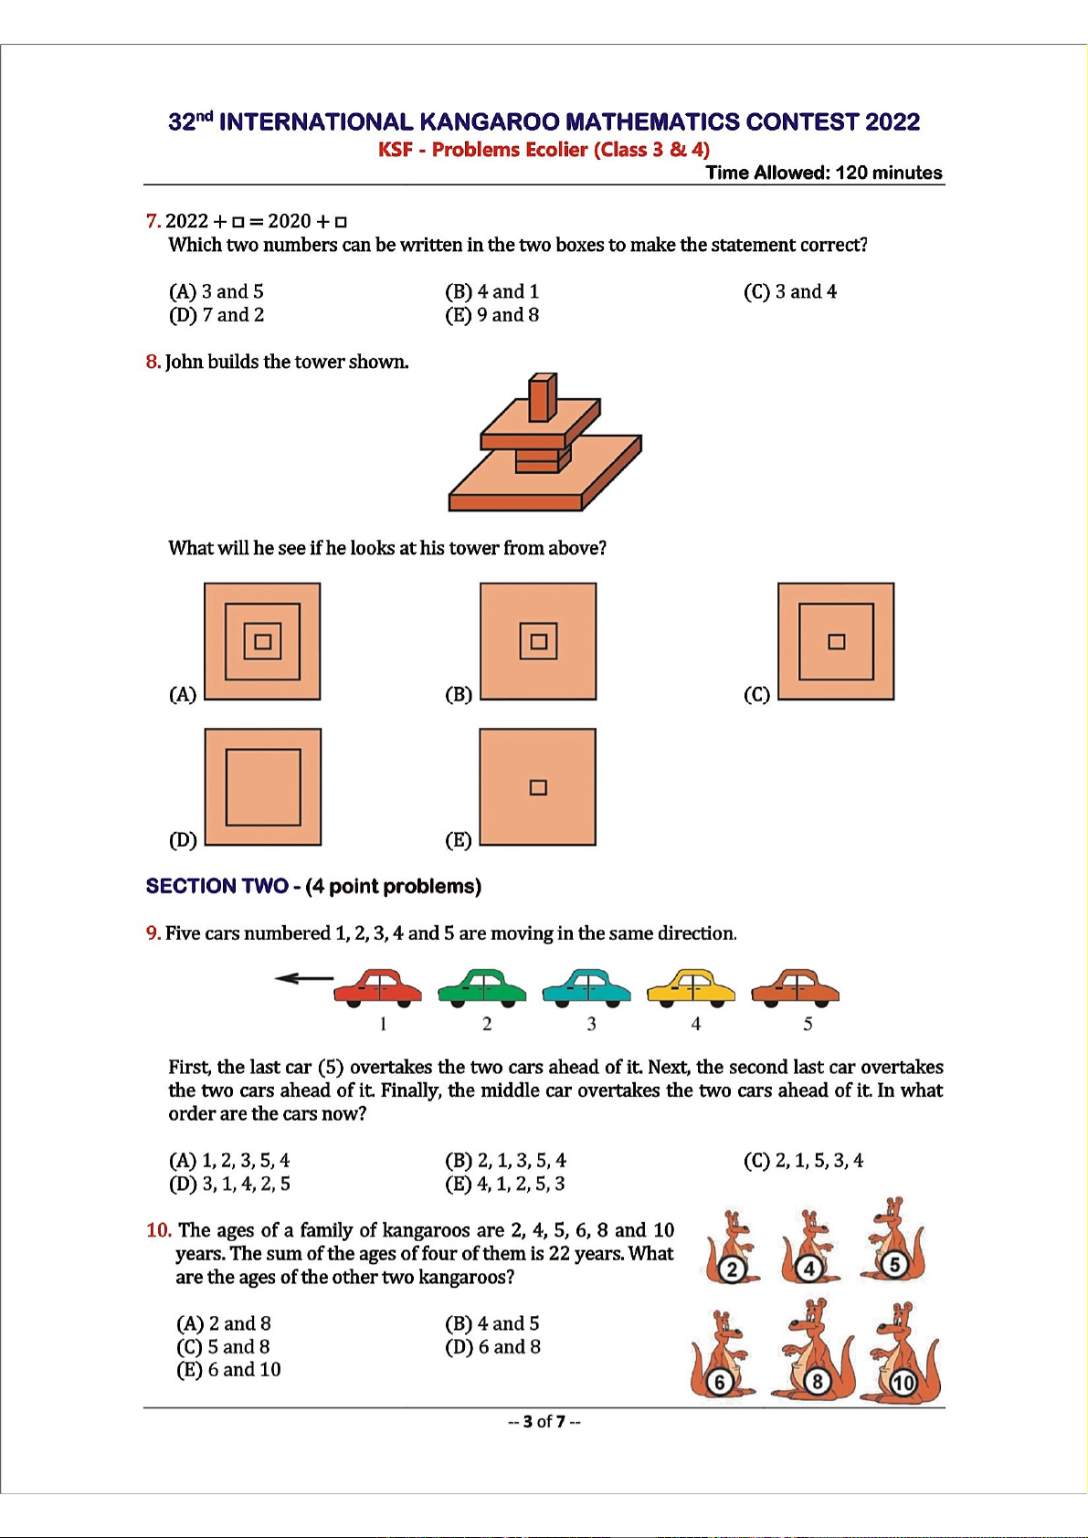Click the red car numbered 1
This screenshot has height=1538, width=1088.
378,988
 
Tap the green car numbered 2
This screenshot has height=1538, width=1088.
482,988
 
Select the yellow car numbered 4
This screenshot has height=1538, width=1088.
691,988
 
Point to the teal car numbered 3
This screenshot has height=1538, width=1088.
586,988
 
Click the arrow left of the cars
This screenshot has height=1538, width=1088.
303,979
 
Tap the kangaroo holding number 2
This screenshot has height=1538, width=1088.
731,1248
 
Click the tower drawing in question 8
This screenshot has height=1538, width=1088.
544,444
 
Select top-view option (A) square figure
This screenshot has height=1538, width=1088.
262,641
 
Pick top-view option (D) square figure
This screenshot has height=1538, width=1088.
263,787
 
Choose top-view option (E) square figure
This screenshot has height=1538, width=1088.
538,787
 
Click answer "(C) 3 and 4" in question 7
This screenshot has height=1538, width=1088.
790,291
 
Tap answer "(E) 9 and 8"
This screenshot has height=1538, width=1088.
491,315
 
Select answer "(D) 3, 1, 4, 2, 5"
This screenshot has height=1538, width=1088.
229,1185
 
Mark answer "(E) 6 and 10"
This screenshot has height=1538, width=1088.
228,1370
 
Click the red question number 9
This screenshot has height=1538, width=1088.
153,933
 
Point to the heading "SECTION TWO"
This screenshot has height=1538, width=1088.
217,886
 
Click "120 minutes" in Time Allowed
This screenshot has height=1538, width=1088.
888,173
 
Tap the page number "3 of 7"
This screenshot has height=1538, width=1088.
544,1422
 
